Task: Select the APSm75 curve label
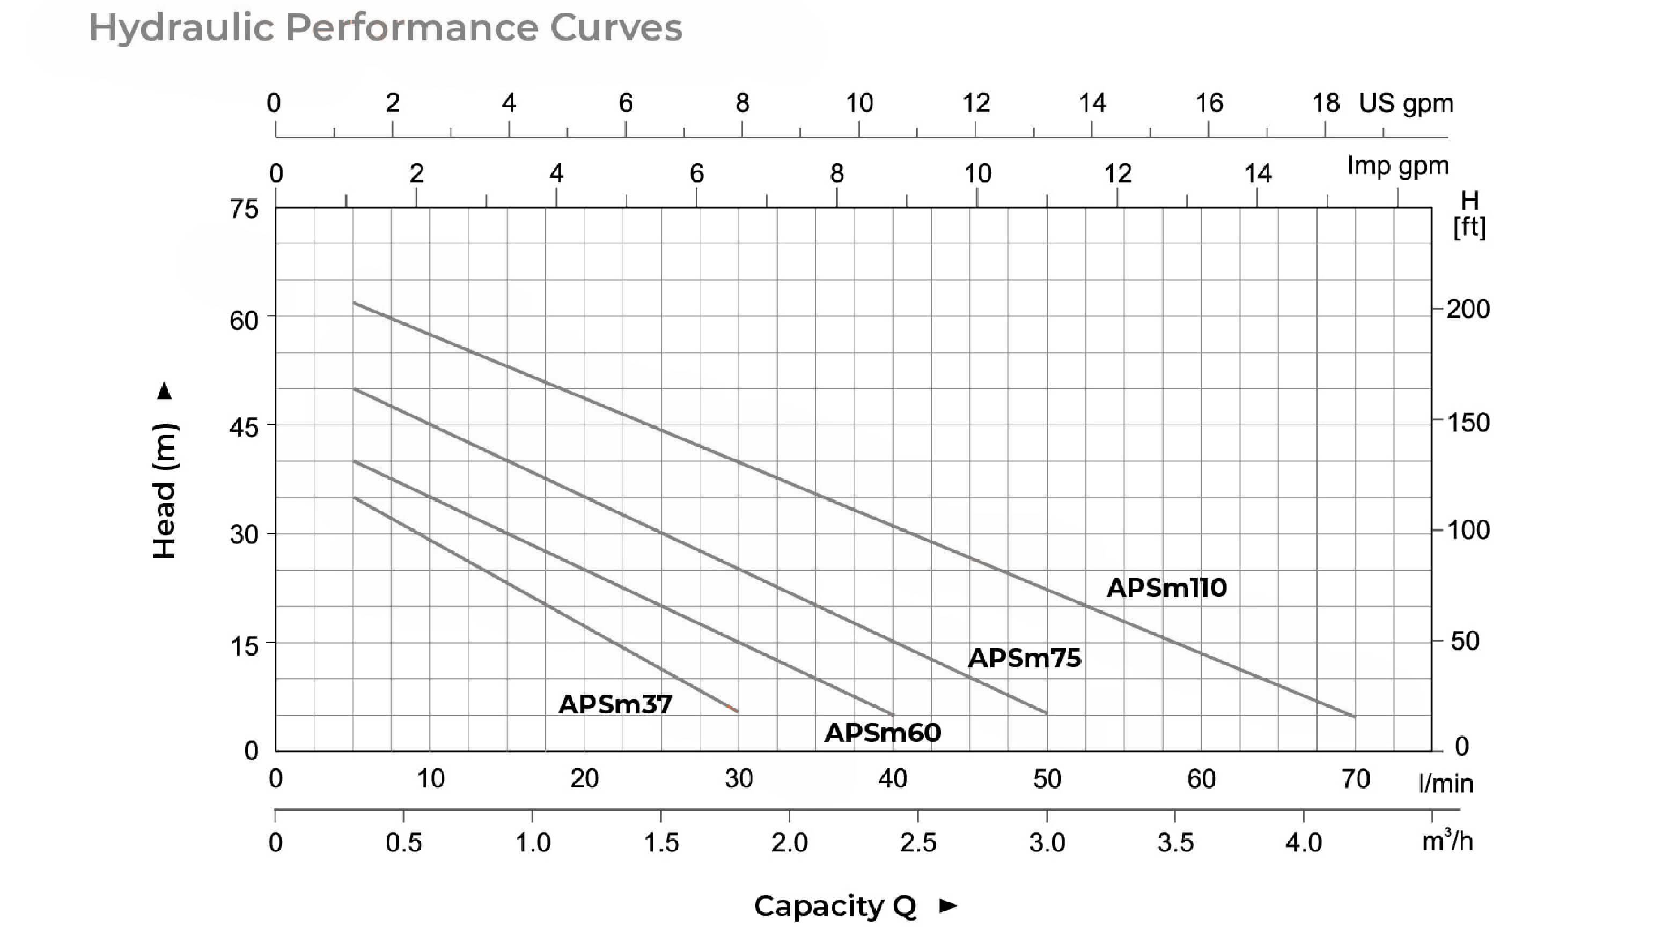pos(1025,658)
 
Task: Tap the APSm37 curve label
pos(615,704)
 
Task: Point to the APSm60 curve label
pos(883,733)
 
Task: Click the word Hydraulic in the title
pos(180,28)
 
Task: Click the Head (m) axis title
pos(165,490)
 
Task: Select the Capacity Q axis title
pos(835,905)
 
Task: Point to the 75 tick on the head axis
pos(244,210)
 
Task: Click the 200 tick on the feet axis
pos(1468,310)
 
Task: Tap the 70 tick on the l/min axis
pos(1356,779)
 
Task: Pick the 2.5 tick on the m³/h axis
pos(918,843)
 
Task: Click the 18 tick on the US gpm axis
pos(1326,104)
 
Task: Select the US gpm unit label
pos(1406,104)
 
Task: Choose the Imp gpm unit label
pos(1397,166)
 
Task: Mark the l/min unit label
pos(1446,783)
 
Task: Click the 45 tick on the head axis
pos(244,427)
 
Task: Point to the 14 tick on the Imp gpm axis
pos(1257,174)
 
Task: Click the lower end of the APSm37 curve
pos(737,711)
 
